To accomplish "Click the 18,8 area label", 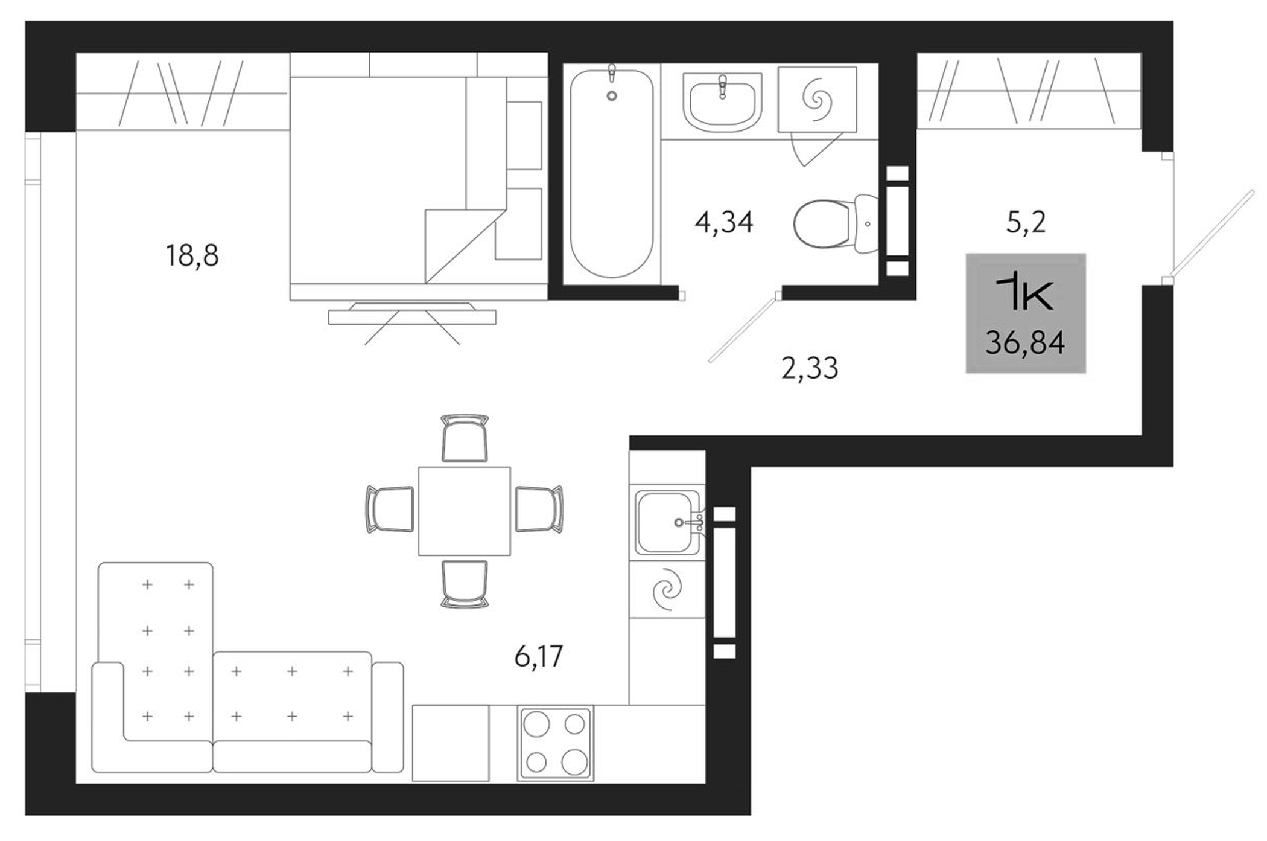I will click(x=192, y=255).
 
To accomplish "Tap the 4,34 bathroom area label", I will click(x=724, y=222).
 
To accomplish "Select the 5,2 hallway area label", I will click(x=1026, y=222).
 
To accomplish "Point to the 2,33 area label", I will click(x=810, y=368).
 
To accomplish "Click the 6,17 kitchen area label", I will click(x=539, y=656).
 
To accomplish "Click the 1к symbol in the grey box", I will click(x=1025, y=293).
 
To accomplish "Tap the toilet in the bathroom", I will click(x=833, y=223).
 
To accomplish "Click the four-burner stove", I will click(x=556, y=743).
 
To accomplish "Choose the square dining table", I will click(x=465, y=511).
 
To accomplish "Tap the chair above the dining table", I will click(x=465, y=438).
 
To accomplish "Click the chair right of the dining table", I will click(x=539, y=510).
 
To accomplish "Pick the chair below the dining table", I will click(x=465, y=583).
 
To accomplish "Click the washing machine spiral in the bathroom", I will click(x=817, y=99).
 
